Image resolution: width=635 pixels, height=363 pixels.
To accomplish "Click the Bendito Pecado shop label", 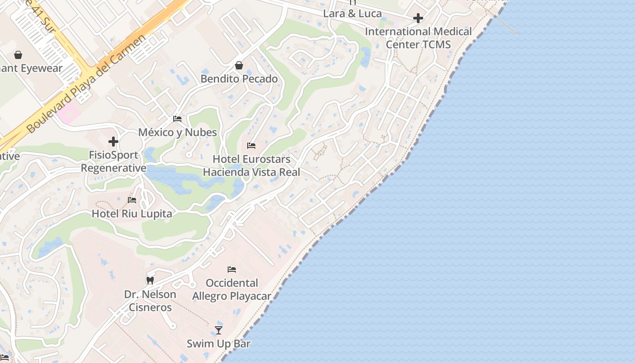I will (239, 79).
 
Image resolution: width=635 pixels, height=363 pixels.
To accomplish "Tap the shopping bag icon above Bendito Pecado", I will (239, 66).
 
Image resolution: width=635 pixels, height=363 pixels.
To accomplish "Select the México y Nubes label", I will (177, 132).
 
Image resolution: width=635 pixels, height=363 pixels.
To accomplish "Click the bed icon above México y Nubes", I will (177, 119).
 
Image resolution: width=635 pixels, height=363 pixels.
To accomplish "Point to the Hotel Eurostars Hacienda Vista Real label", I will (251, 166).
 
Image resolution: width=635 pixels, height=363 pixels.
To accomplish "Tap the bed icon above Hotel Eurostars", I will (251, 146).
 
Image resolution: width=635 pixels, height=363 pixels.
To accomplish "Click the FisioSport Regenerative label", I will (113, 162).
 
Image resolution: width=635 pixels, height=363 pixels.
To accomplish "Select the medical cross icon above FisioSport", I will (113, 142).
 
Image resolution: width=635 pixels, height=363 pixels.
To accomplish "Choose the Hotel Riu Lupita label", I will (132, 214).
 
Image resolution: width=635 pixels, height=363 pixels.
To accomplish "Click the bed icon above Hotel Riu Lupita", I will (132, 200).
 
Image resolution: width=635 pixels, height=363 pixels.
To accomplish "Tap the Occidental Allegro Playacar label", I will (232, 289).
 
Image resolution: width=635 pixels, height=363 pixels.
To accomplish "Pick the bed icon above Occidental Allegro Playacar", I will (232, 270).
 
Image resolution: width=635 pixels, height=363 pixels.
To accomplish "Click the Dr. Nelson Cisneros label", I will (150, 301).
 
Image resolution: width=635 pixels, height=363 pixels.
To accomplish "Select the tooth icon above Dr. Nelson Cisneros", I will (150, 281).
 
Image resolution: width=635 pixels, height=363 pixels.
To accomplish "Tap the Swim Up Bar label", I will (219, 343).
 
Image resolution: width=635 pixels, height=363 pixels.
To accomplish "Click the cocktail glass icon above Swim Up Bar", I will (219, 330).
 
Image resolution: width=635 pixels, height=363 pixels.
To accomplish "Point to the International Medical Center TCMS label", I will (418, 38).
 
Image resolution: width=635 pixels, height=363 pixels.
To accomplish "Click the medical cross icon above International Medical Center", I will (418, 18).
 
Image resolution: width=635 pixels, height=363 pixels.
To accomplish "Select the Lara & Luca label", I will (352, 14).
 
